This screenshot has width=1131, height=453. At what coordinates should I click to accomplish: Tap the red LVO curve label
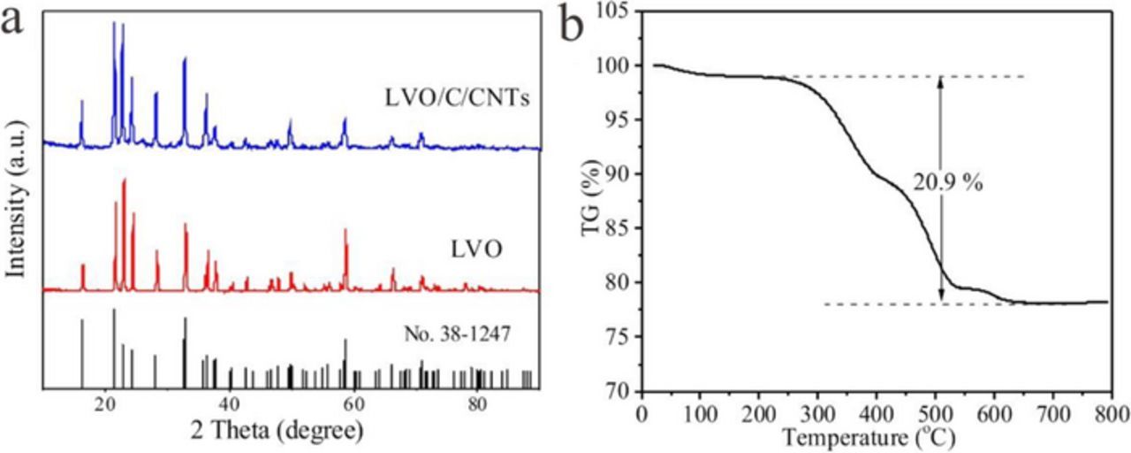click(x=477, y=250)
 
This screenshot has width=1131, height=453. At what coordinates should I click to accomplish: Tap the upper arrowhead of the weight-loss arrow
click(x=940, y=81)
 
